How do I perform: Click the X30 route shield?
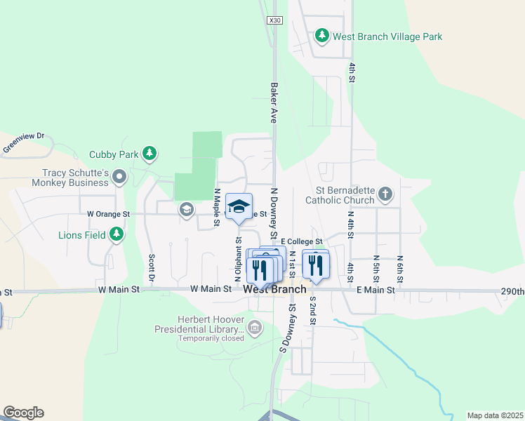(274, 21)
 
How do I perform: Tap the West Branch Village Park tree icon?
(321, 35)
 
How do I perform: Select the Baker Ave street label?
(274, 102)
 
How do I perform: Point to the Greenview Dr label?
(23, 142)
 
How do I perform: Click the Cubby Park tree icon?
(149, 153)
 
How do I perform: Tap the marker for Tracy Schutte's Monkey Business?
(119, 177)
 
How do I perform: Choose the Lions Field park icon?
(117, 234)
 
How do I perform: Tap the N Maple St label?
(218, 207)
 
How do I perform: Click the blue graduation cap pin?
(239, 206)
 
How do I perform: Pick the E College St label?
(301, 242)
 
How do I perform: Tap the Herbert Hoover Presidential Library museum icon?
(254, 327)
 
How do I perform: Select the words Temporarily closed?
(211, 338)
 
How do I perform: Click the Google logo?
(23, 413)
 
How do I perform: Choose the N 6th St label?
(400, 269)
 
